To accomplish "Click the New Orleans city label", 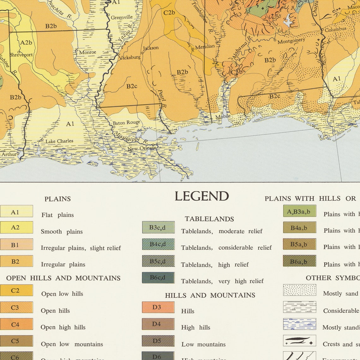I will point(141,148).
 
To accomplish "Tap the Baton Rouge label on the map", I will point(126,123).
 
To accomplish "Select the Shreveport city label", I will point(21,55).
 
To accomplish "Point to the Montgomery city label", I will point(291,41).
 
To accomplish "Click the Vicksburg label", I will point(130,57).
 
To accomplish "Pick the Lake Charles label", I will point(59,141).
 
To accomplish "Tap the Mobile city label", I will point(223,117).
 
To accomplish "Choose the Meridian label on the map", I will point(205,47).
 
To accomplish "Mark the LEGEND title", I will point(201,196).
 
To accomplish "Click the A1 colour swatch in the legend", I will point(16,211).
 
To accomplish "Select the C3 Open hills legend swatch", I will point(16,307).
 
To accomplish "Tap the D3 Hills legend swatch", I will point(158,307).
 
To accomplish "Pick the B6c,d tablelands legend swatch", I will point(158,278).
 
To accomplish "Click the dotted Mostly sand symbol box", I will point(299,290).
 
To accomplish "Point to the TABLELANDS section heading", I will point(209,219).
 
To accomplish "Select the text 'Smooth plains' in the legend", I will point(62,231).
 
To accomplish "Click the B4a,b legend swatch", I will point(299,227).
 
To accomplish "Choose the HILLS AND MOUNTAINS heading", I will point(210,295).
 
